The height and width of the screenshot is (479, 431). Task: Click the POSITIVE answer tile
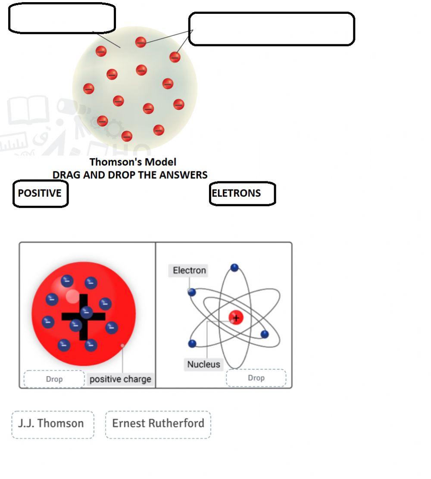pos(40,193)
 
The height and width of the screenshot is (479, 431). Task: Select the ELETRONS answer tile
pos(242,193)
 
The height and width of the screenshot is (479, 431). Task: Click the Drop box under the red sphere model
pos(54,379)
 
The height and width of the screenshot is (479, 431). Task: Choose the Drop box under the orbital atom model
pos(256,378)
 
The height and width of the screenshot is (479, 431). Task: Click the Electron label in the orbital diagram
pos(189,271)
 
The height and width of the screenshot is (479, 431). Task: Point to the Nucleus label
pos(203,364)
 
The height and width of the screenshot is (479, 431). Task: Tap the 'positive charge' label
pos(120,379)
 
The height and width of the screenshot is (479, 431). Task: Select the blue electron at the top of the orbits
pos(234,268)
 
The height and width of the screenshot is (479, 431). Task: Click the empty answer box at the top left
pos(62,18)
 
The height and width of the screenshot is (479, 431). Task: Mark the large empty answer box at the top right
pos(272,29)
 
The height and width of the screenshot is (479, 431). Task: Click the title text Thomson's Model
pos(133,162)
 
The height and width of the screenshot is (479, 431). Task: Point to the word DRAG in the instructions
pos(65,175)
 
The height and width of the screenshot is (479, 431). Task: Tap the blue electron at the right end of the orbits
pos(265,334)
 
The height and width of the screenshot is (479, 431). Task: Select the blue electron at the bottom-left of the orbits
pos(193,343)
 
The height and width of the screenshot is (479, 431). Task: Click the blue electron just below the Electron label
pos(192,292)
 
